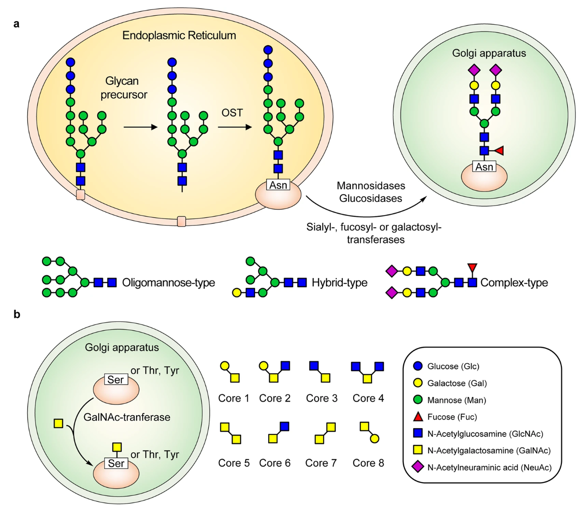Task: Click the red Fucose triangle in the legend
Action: (418, 417)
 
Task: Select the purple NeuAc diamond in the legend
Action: (418, 467)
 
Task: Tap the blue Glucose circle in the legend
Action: (418, 366)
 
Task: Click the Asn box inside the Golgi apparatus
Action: (484, 167)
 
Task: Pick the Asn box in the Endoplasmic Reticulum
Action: (278, 185)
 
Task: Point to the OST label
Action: (232, 113)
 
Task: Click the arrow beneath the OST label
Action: (234, 128)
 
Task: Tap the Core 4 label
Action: (368, 398)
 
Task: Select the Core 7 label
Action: (321, 463)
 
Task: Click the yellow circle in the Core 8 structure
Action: (374, 439)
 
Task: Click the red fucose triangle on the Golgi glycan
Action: (499, 151)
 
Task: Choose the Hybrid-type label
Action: (339, 283)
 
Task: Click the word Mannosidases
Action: (371, 186)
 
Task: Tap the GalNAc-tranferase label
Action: (127, 417)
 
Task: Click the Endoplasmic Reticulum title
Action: (179, 36)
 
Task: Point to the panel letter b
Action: (17, 314)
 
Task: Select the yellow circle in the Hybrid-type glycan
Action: (237, 293)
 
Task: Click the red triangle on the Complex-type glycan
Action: (472, 268)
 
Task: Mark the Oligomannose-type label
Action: (169, 283)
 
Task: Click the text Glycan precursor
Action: (123, 88)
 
